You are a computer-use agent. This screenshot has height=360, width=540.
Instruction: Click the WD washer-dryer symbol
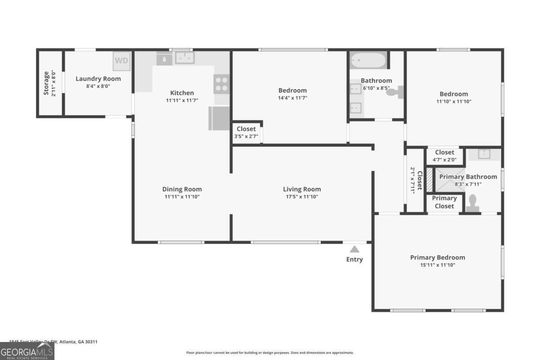pos(121,61)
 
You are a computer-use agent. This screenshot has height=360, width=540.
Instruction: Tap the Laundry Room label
pos(98,79)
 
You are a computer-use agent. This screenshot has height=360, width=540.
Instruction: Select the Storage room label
pos(46,83)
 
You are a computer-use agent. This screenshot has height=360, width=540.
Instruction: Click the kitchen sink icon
pos(184,58)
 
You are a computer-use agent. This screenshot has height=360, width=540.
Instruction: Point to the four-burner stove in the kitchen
pos(221,84)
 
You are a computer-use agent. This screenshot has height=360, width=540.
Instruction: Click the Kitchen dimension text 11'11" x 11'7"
pos(182,101)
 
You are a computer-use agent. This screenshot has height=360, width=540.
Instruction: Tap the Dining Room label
pos(182,189)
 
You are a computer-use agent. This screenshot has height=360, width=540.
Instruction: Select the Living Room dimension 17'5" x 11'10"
pos(301,197)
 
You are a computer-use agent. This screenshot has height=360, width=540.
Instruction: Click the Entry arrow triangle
pos(355,249)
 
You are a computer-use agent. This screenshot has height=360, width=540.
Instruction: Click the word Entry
pos(355,259)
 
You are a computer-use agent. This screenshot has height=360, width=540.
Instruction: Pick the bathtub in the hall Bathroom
pos(368,60)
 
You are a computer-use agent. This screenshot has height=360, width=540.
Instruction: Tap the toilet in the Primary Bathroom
pos(473,203)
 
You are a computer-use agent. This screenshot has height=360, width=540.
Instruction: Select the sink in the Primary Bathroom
pos(484,154)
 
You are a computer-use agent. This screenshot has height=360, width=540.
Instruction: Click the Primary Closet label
pos(444,202)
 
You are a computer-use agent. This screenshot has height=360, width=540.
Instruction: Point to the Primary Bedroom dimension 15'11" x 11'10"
pos(437,265)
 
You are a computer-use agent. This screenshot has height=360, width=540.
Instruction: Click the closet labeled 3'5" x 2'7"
pos(246,132)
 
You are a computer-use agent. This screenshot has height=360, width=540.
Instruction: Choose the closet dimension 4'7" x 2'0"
pos(445,159)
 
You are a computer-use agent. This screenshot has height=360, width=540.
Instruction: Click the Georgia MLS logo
pos(27,351)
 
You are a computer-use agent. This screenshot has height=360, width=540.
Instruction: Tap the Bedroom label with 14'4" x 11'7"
pos(292,90)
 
